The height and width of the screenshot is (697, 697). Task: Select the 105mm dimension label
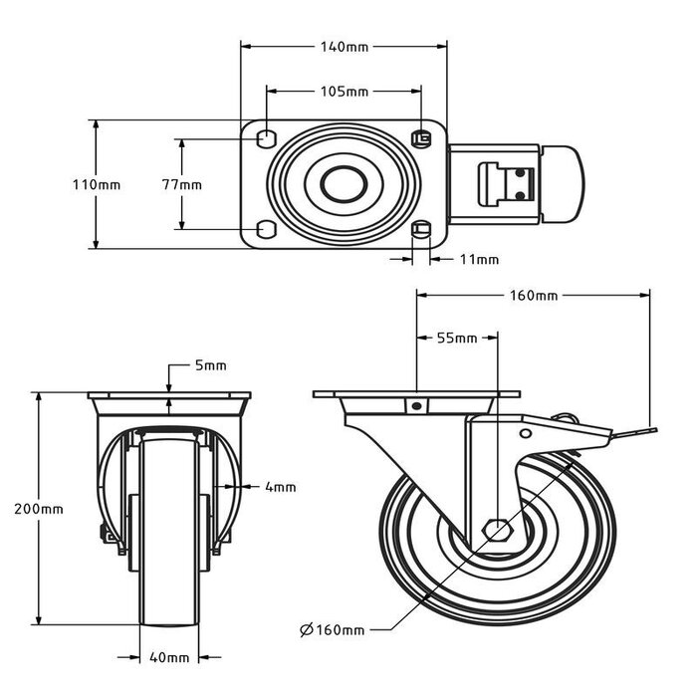345,92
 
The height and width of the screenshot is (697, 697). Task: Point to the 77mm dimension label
182,184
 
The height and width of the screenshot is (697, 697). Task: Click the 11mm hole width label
479,260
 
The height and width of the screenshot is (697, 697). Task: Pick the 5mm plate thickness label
209,365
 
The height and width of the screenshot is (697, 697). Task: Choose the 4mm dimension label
281,487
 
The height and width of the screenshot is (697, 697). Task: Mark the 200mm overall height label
41,508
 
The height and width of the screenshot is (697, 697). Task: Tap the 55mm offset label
457,338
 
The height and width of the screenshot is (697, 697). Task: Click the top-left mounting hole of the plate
266,136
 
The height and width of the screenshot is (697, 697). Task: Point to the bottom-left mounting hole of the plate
266,230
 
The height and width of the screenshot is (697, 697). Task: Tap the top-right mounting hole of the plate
421,136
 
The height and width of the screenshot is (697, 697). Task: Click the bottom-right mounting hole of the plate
421,230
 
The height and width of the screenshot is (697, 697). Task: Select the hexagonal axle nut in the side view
495,529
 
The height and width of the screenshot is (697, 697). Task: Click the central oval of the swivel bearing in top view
344,184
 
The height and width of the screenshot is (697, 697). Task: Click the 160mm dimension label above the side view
533,295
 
